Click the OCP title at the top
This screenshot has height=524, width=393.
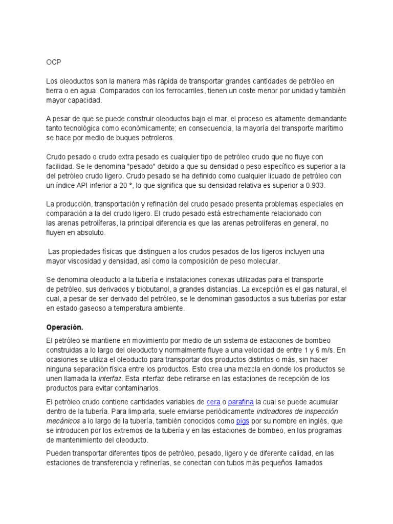53,62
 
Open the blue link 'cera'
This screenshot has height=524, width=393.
213,402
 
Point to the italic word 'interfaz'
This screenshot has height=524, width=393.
110,379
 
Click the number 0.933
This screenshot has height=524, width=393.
314,185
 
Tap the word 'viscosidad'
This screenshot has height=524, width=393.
84,261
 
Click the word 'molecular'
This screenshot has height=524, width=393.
263,261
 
